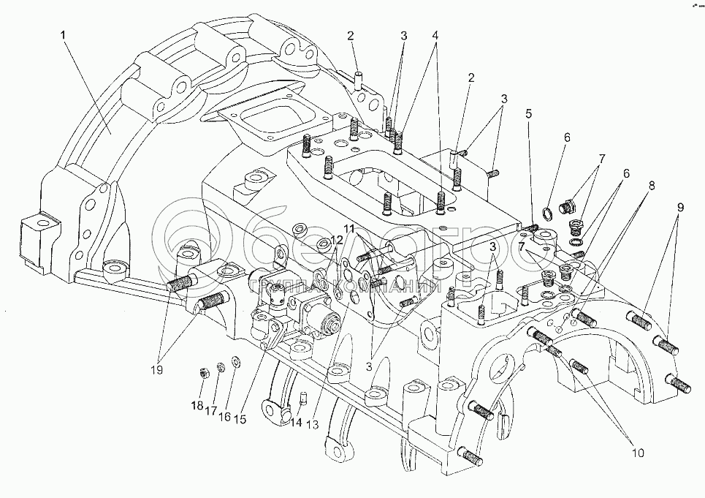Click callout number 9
681,207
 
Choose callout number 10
637,453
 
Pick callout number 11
349,229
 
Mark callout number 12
336,240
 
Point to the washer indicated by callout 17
221,366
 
